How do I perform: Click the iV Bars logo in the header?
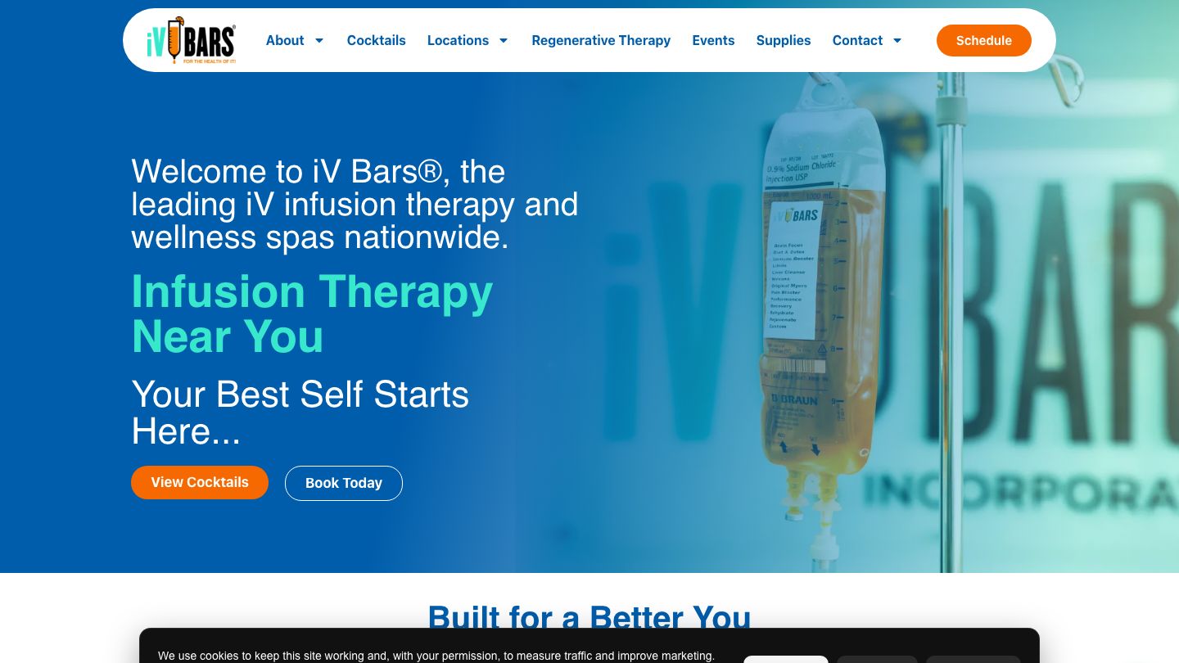pos(191,40)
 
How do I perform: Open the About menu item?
pos(285,40)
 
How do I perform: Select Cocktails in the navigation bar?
pos(376,40)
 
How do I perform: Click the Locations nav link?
pos(458,40)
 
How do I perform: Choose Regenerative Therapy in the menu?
pos(601,40)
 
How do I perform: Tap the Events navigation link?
pos(713,40)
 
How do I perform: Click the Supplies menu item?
pos(784,40)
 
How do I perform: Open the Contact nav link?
pos(857,40)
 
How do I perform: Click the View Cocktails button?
pos(200,482)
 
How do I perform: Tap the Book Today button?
pos(344,483)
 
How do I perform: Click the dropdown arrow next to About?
pos(319,41)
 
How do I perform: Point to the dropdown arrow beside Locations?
pos(504,41)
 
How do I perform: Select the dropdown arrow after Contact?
pos(897,41)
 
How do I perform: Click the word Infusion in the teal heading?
pos(219,291)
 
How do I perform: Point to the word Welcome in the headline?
pos(199,172)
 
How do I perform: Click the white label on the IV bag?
pos(793,270)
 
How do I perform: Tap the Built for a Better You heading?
pos(589,617)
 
